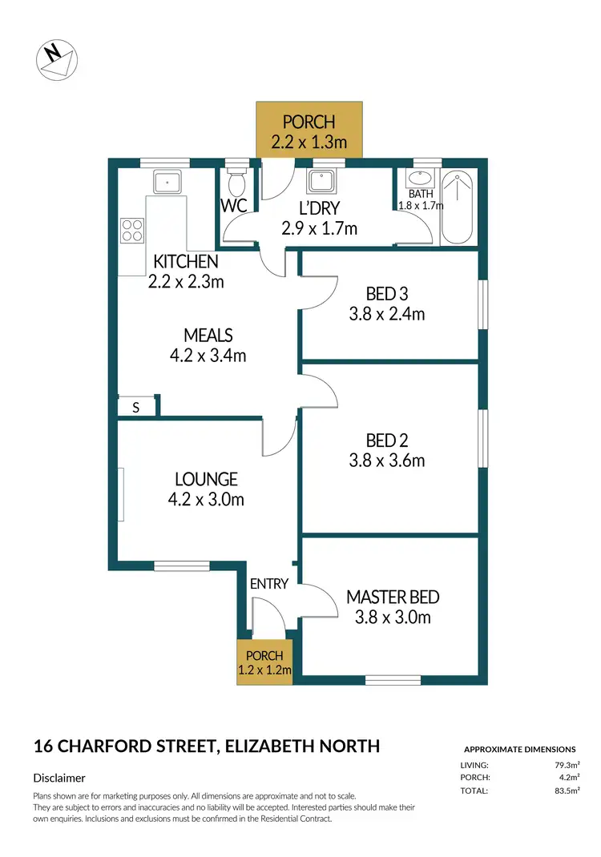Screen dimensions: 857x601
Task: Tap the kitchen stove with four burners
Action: pyautogui.click(x=132, y=231)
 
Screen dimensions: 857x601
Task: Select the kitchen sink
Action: pyautogui.click(x=165, y=183)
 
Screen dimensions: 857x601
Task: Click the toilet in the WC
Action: pyautogui.click(x=237, y=184)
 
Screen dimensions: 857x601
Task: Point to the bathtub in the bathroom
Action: pyautogui.click(x=458, y=208)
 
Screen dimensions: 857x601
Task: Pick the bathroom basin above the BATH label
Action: pyautogui.click(x=421, y=179)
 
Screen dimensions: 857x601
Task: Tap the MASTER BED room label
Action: pyautogui.click(x=393, y=597)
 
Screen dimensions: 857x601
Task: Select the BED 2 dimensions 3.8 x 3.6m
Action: pyautogui.click(x=387, y=461)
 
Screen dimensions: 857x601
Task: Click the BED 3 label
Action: pyautogui.click(x=387, y=294)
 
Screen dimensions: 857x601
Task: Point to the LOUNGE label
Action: pyautogui.click(x=206, y=479)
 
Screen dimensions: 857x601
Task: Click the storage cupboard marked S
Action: pyautogui.click(x=136, y=407)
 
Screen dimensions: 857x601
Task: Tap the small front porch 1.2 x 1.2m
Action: pyautogui.click(x=264, y=662)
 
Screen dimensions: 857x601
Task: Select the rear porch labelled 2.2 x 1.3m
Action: pyautogui.click(x=309, y=131)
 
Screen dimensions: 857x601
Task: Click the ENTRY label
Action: pyautogui.click(x=268, y=584)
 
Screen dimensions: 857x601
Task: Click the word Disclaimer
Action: pyautogui.click(x=59, y=778)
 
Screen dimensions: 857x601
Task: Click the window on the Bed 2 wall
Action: pyautogui.click(x=483, y=437)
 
